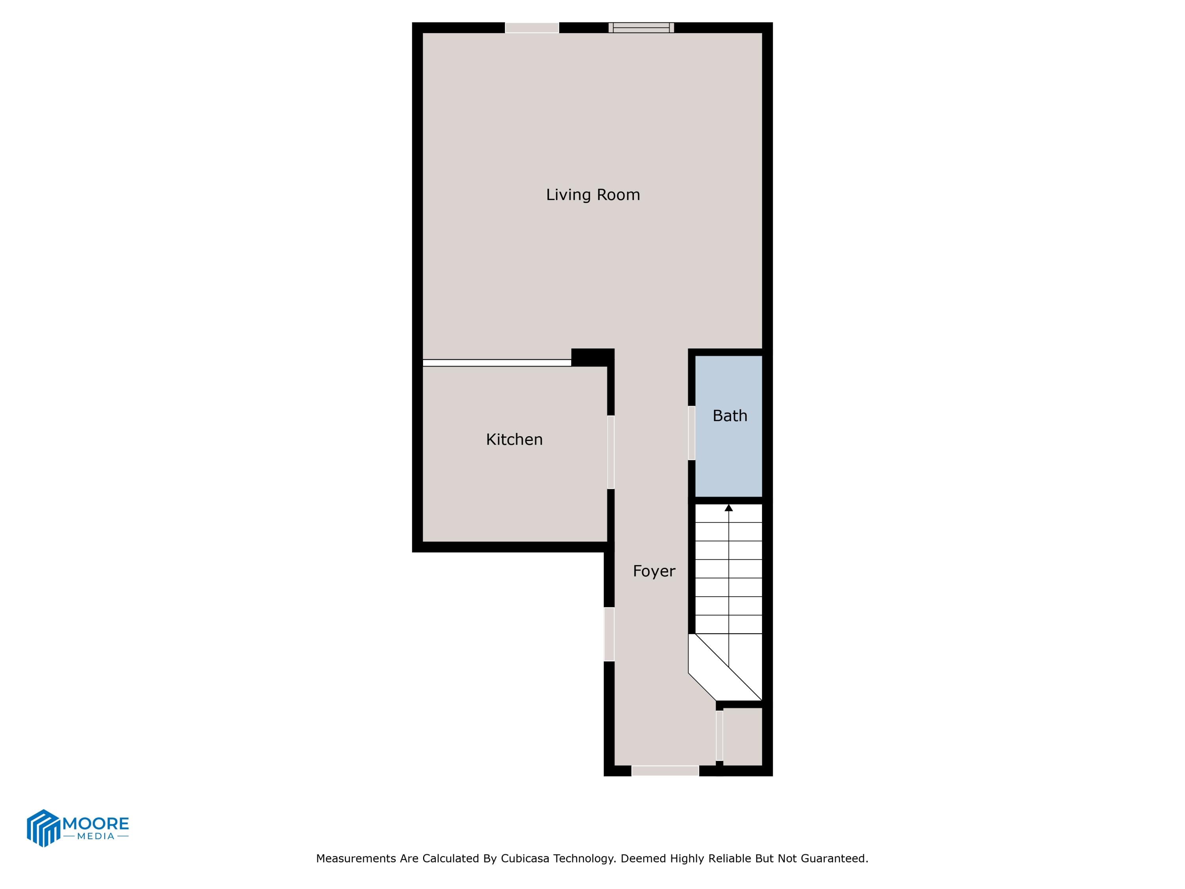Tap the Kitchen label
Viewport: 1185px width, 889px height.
tap(514, 439)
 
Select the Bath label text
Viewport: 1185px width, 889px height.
tap(729, 416)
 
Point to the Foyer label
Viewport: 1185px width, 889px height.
tap(654, 571)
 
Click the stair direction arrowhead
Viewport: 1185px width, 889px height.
tap(728, 507)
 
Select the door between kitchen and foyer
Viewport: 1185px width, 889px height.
tap(611, 452)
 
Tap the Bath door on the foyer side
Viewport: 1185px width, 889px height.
tap(691, 432)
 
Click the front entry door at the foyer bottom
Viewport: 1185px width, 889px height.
tap(665, 770)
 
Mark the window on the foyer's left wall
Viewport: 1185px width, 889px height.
tap(609, 634)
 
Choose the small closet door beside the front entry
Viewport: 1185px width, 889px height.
tap(719, 735)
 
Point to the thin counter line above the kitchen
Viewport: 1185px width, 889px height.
tap(497, 363)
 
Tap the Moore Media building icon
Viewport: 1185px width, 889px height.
tap(43, 828)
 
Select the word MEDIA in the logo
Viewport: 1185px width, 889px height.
tap(96, 836)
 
